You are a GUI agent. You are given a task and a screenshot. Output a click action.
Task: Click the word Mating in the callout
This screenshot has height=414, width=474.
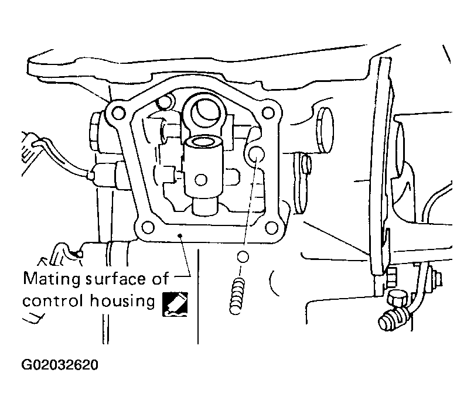click(x=52, y=279)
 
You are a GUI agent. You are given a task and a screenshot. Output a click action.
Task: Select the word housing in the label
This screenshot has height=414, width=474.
click(x=122, y=302)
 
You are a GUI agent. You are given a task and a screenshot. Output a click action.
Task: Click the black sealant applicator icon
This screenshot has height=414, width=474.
click(x=175, y=304)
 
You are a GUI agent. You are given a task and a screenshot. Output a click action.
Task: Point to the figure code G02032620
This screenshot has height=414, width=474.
click(x=60, y=365)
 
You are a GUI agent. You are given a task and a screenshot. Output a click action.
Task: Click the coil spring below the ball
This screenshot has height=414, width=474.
click(x=237, y=296)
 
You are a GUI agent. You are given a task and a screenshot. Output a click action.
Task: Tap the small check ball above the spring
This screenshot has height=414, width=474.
click(x=243, y=257)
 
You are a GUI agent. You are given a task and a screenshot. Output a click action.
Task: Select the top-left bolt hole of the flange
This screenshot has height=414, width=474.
click(x=118, y=114)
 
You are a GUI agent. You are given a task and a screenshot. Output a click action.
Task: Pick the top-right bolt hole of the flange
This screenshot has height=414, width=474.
click(x=268, y=112)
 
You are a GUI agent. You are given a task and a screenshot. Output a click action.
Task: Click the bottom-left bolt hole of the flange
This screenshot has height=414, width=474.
click(x=148, y=227)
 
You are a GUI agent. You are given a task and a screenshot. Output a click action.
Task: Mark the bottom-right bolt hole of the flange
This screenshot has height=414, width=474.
click(x=271, y=228)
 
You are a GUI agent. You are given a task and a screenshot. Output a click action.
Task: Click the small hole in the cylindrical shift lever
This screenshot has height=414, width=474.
click(x=201, y=180)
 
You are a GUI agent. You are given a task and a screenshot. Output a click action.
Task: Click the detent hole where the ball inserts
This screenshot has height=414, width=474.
click(x=257, y=154)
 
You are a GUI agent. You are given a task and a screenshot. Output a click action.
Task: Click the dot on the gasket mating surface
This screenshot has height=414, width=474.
click(x=180, y=235)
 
